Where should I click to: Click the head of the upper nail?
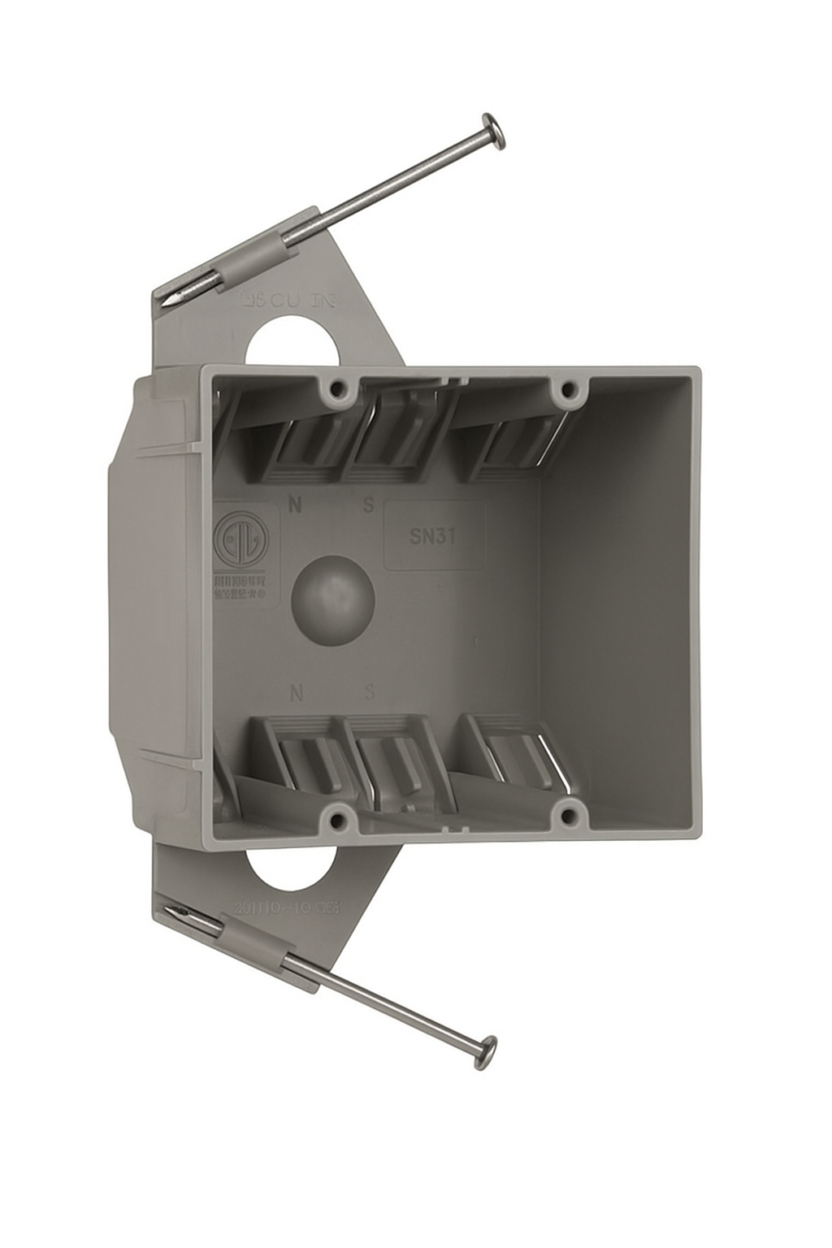494,130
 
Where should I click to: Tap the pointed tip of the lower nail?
167,910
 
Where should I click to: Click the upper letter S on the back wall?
368,505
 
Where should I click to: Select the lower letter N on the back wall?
297,693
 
